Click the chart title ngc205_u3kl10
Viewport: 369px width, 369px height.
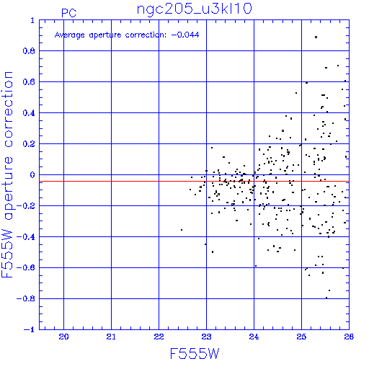194,9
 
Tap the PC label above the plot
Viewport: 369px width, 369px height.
68,13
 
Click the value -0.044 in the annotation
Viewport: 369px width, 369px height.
185,35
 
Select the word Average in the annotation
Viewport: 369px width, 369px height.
70,35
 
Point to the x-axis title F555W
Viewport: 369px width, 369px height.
195,354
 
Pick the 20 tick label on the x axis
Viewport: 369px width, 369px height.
63,337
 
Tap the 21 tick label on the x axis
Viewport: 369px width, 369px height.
111,337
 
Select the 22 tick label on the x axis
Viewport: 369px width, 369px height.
159,337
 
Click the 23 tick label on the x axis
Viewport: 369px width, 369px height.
206,337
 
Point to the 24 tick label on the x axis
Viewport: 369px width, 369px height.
254,337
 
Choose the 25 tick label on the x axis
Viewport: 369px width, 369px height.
301,337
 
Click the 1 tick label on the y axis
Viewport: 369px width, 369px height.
32,20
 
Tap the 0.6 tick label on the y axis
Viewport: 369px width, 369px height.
29,82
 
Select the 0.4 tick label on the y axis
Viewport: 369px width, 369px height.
29,113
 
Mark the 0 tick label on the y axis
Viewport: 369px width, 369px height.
32,174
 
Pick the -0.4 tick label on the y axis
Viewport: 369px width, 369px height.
26,237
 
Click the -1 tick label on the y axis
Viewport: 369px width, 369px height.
29,329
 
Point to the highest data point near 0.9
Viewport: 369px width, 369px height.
316,37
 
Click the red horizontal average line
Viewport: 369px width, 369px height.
194,181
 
